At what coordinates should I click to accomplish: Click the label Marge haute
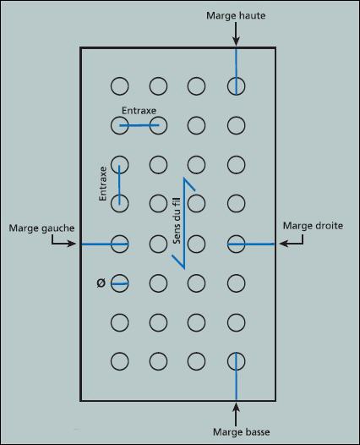pyautogui.click(x=236, y=15)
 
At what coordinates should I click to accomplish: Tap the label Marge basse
pyautogui.click(x=241, y=432)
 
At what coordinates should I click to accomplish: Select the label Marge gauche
pyautogui.click(x=41, y=228)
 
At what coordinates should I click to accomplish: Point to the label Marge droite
pyautogui.click(x=313, y=226)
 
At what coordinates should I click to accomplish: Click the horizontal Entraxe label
pyautogui.click(x=139, y=110)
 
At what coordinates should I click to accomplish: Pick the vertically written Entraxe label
pyautogui.click(x=102, y=184)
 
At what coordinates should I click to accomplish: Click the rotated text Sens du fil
pyautogui.click(x=177, y=221)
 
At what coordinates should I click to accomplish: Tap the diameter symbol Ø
pyautogui.click(x=101, y=283)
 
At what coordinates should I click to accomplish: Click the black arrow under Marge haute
pyautogui.click(x=236, y=34)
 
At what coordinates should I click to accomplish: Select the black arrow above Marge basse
pyautogui.click(x=236, y=415)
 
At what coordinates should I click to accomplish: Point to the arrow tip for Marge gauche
pyautogui.click(x=76, y=244)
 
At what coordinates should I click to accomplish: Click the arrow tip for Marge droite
pyautogui.click(x=280, y=244)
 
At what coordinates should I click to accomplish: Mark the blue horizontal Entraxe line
pyautogui.click(x=139, y=125)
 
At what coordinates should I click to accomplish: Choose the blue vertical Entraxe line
pyautogui.click(x=119, y=184)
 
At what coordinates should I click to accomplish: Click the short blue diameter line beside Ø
pyautogui.click(x=120, y=283)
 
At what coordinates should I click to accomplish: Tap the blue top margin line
pyautogui.click(x=236, y=71)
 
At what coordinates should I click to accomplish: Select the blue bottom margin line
pyautogui.click(x=236, y=376)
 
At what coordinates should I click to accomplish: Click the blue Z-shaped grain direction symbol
pyautogui.click(x=184, y=223)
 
